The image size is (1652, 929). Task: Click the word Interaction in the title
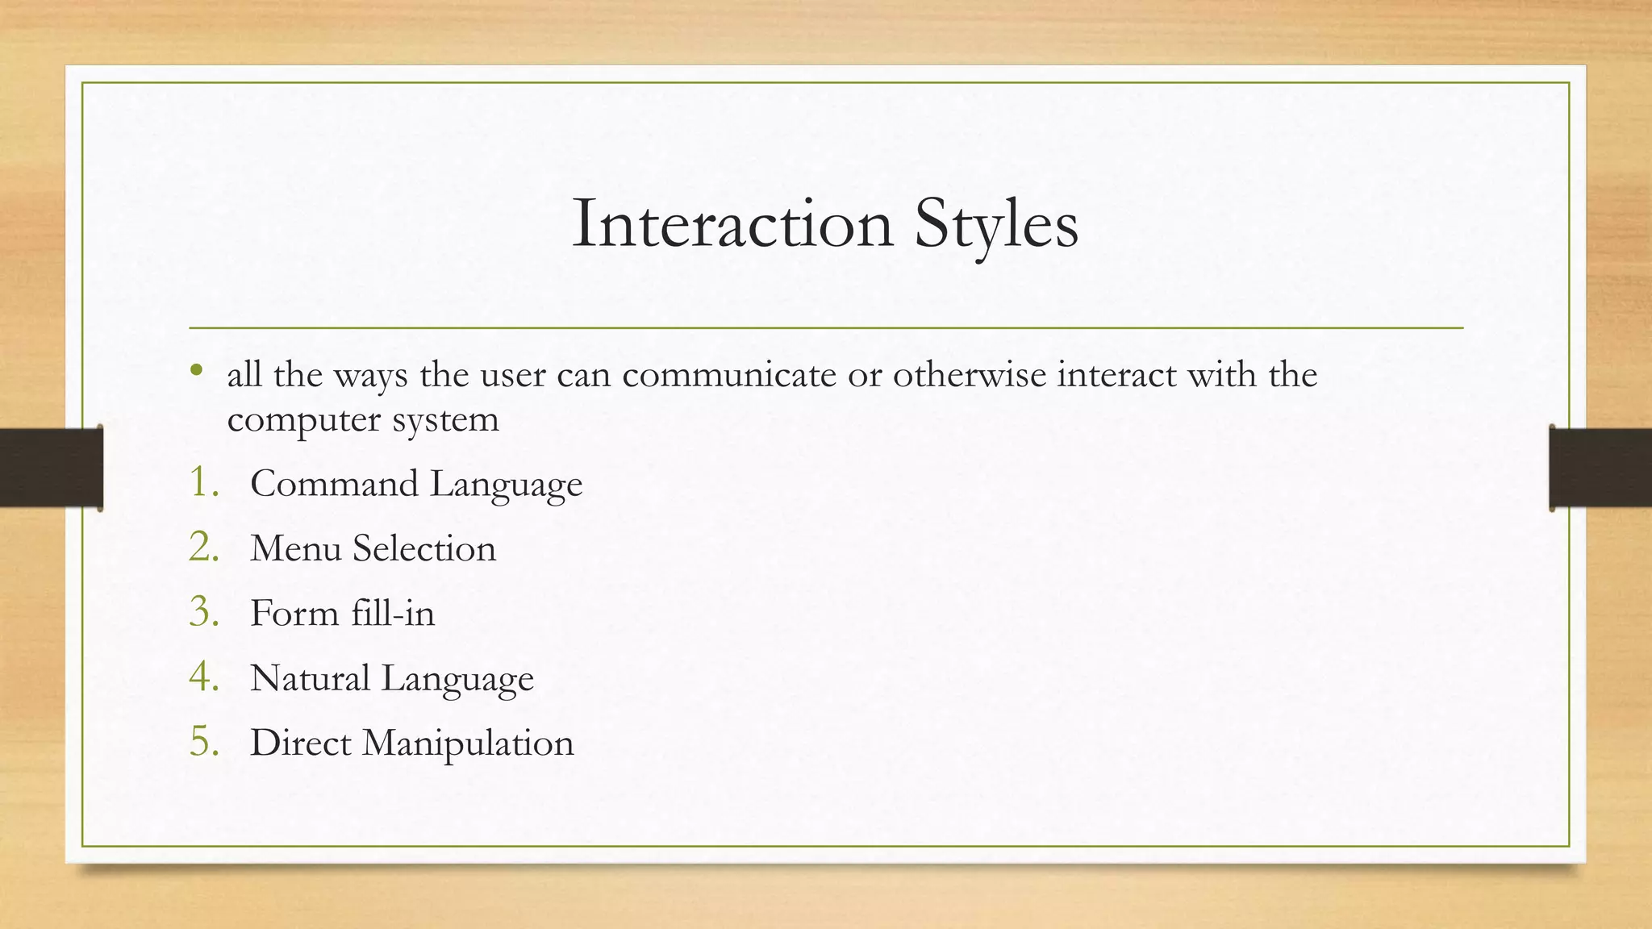tap(732, 224)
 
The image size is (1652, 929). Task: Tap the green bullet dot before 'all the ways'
tap(196, 372)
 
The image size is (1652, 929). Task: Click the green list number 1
tap(202, 483)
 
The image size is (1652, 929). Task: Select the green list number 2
tap(202, 548)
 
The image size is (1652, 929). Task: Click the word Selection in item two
tap(424, 548)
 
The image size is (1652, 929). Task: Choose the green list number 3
tap(202, 612)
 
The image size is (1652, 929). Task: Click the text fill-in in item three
tap(393, 613)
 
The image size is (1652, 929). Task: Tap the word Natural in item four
tap(310, 678)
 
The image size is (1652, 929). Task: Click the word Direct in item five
tap(300, 743)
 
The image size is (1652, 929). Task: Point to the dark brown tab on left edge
tap(51, 468)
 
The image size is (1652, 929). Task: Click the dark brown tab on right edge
tap(1600, 468)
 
